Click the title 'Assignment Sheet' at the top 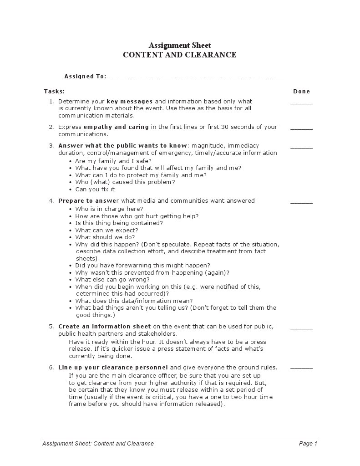click(180, 45)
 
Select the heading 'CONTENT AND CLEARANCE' click(180, 55)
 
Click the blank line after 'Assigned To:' click(196, 77)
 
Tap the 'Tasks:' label click(54, 92)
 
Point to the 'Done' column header click(301, 92)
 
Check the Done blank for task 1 click(301, 103)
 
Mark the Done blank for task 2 click(301, 128)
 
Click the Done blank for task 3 click(301, 147)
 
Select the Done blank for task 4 click(301, 202)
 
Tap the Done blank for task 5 click(301, 328)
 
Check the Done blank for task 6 click(301, 369)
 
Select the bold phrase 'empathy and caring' click(116, 127)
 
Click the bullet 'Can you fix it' click(95, 189)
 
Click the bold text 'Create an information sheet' click(104, 327)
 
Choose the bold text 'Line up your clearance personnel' click(113, 368)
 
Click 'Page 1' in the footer click(308, 444)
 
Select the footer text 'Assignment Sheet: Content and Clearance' click(98, 444)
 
